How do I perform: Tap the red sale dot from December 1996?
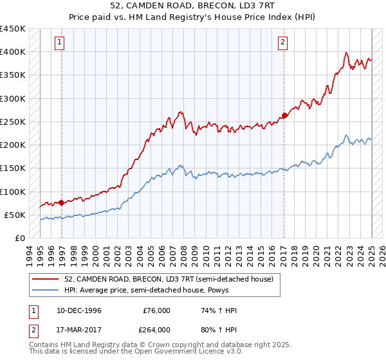[61, 203]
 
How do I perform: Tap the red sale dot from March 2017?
[284, 116]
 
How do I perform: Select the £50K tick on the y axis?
[15, 215]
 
